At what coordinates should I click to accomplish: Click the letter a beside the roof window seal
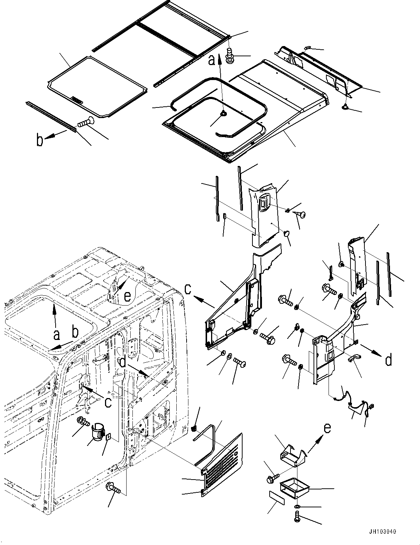click(x=212, y=60)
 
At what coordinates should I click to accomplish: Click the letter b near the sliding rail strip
click(x=40, y=140)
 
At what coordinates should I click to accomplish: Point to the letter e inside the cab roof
click(x=127, y=296)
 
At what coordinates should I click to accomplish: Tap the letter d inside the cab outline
click(x=123, y=362)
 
